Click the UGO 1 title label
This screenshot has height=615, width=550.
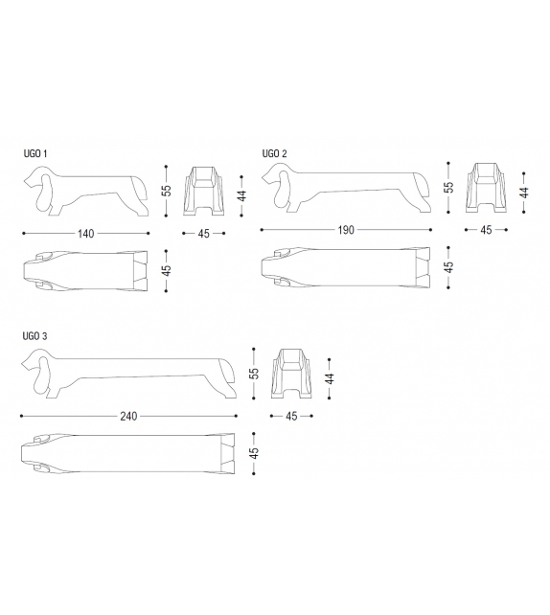35,153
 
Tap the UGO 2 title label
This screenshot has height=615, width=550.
274,153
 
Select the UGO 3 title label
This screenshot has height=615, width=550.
34,336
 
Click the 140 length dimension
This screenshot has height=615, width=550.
86,234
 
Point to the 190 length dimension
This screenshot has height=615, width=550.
346,230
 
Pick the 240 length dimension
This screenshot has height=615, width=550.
128,416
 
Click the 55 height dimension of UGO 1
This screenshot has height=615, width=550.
167,191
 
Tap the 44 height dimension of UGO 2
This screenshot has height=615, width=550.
524,193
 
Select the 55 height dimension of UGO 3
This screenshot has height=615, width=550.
255,373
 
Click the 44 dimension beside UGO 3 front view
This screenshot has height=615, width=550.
331,379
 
